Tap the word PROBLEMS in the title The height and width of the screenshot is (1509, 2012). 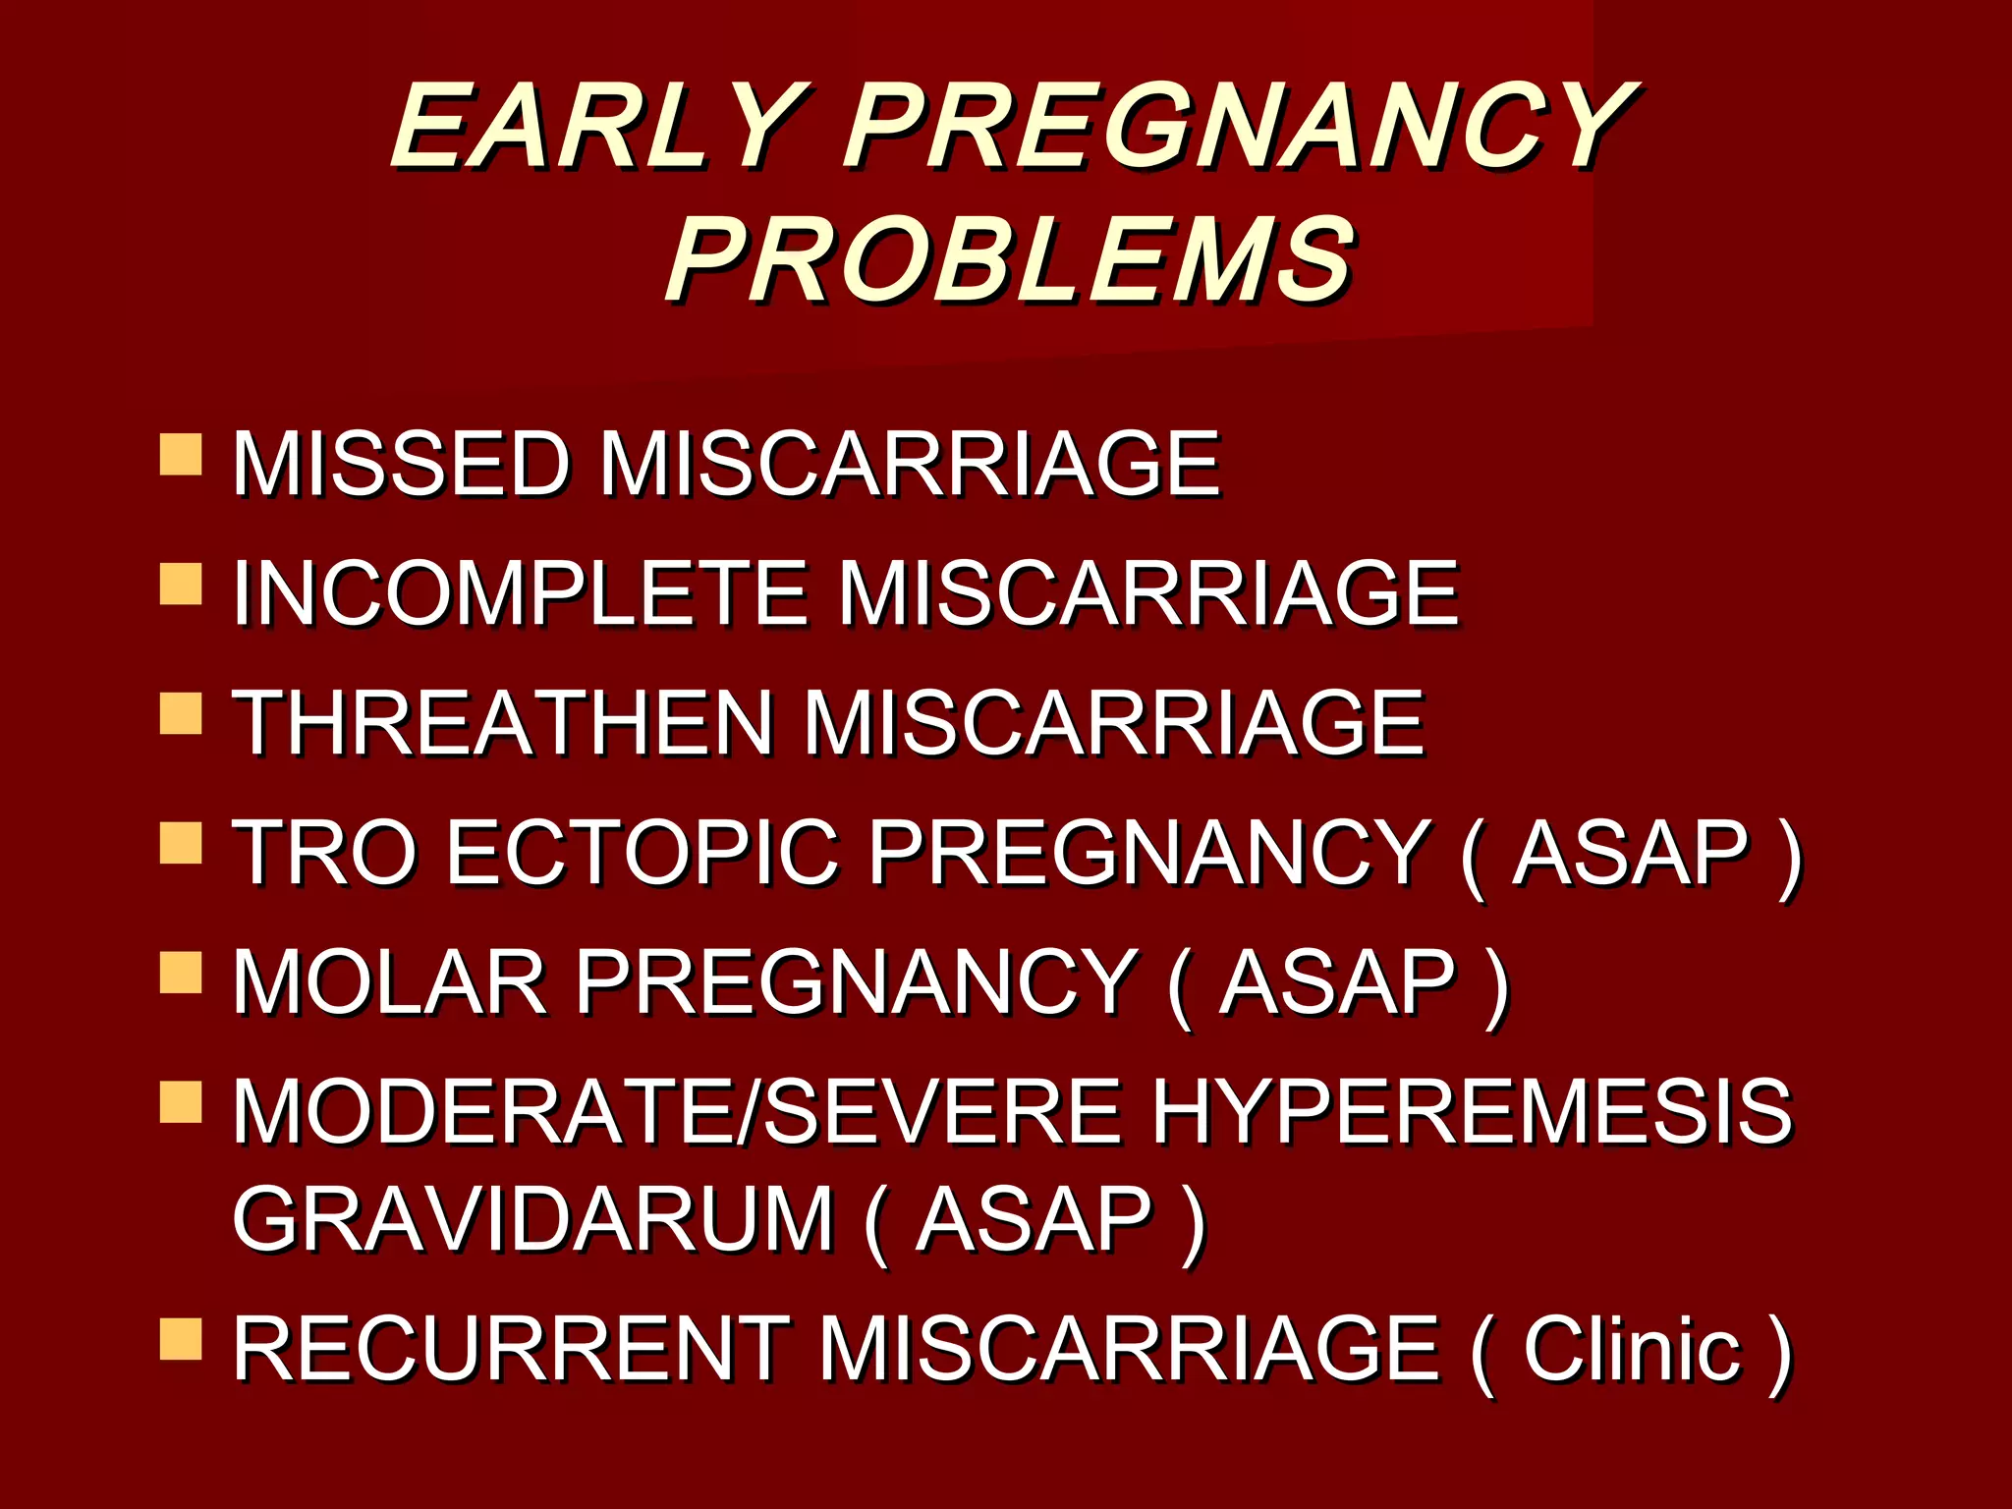click(1012, 260)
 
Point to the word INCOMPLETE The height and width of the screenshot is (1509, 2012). click(520, 593)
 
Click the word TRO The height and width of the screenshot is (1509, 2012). click(324, 853)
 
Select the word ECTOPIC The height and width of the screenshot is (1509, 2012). click(643, 853)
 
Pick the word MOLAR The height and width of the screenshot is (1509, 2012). click(389, 982)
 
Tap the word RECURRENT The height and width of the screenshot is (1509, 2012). click(511, 1350)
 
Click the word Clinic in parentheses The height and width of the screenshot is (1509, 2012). click(1632, 1350)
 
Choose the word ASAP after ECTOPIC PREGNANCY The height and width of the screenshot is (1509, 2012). click(1630, 853)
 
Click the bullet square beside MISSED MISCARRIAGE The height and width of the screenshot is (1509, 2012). click(181, 455)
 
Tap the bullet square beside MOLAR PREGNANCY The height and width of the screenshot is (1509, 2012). click(181, 973)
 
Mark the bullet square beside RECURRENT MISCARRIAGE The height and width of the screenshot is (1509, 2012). click(181, 1339)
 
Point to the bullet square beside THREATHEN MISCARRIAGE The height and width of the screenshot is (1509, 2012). click(181, 713)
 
